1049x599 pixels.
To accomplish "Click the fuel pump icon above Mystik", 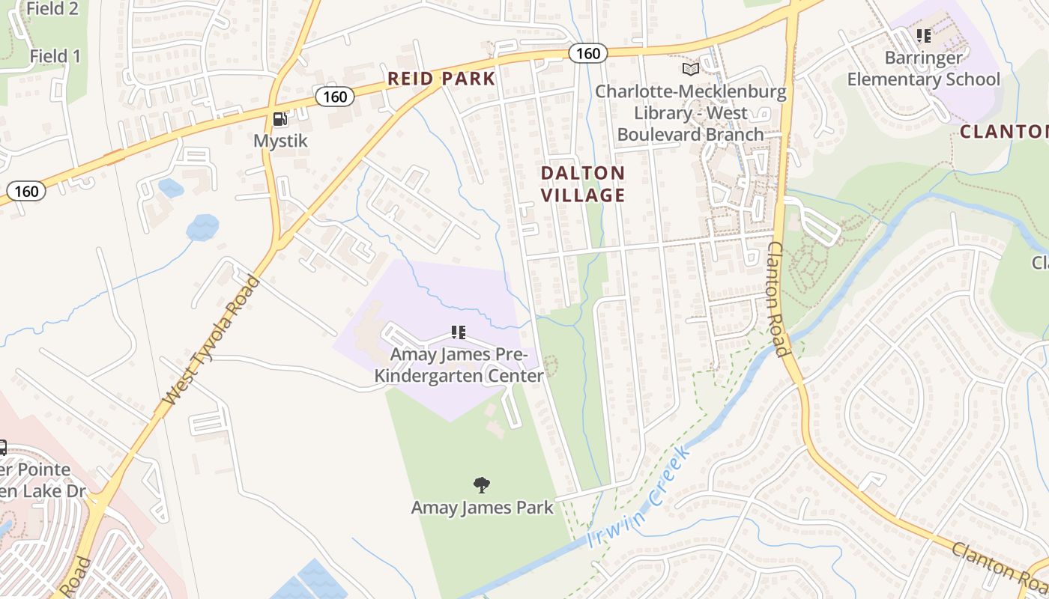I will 279,118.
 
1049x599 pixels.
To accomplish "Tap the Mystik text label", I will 280,141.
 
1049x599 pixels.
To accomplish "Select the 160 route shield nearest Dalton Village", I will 587,53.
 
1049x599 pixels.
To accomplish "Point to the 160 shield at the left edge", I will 26,191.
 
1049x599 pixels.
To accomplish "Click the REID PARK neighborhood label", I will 441,79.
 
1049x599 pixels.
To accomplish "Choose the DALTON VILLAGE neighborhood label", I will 583,184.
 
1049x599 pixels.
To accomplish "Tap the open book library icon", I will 690,70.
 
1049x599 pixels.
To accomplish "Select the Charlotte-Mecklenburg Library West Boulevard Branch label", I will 690,113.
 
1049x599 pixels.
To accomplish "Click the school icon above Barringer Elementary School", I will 923,36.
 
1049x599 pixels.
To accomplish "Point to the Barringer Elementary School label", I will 923,69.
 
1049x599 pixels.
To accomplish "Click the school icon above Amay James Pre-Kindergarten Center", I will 459,332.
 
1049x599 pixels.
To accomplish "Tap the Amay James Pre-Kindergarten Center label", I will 459,365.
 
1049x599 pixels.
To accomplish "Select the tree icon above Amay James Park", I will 482,485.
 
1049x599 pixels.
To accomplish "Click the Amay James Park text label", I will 482,508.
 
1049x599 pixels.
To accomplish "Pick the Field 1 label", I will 55,56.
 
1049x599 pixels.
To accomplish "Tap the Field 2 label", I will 52,9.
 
